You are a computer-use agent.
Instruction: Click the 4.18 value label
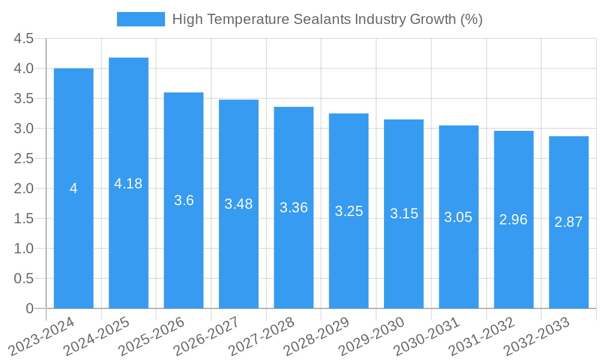click(x=128, y=184)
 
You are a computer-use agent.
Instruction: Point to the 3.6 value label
click(x=184, y=200)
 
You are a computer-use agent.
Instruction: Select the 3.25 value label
click(x=349, y=211)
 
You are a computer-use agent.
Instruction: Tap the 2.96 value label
click(x=514, y=220)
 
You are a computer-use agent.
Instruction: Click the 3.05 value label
click(x=458, y=217)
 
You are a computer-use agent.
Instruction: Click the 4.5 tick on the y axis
click(x=24, y=39)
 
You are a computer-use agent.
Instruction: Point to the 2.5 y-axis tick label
click(x=24, y=158)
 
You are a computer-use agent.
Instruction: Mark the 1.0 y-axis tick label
click(x=24, y=248)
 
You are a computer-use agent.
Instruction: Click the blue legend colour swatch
click(x=140, y=19)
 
